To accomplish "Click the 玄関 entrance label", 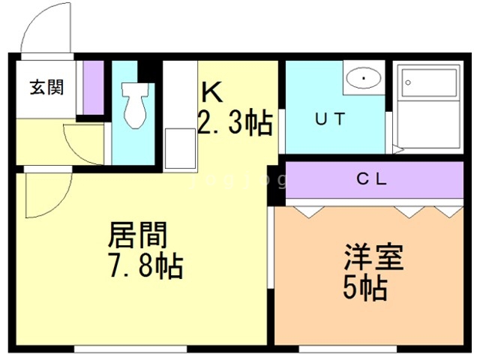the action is [46, 87].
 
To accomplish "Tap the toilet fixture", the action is [134, 105].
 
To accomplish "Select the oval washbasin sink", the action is [364, 78].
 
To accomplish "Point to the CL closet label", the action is [372, 179].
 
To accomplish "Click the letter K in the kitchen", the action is [211, 92].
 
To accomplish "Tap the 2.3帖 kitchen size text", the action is [235, 122].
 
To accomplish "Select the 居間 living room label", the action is [138, 235].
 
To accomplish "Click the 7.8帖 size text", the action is [146, 265].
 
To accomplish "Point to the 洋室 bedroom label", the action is [373, 257].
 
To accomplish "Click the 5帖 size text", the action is [365, 288].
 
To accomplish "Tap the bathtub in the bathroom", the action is [428, 106].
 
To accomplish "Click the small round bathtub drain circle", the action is [408, 82].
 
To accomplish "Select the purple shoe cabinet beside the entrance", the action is [93, 88].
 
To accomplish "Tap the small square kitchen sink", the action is [180, 148].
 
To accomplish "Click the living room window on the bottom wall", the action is [130, 349].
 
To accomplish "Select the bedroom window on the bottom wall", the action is [347, 349].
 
